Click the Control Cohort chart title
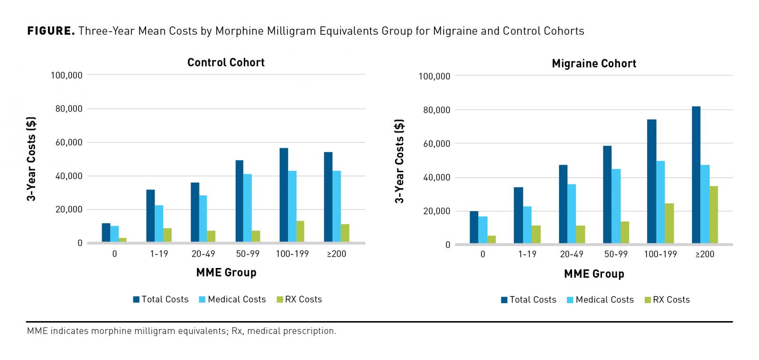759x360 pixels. click(226, 63)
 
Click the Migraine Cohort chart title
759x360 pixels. click(594, 64)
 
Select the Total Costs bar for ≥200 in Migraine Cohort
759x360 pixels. click(696, 175)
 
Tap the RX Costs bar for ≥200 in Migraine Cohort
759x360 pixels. click(713, 215)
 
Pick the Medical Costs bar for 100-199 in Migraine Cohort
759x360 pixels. click(660, 203)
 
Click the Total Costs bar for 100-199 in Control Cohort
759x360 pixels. click(284, 195)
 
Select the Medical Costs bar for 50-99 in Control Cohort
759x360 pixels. click(248, 208)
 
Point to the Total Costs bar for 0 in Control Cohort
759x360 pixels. click(106, 233)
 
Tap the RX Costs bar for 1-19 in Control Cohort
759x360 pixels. click(167, 235)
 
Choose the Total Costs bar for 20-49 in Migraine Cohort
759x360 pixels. click(563, 204)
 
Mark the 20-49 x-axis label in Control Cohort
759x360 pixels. click(203, 254)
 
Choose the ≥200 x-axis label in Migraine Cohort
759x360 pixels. click(704, 254)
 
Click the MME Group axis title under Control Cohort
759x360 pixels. click(226, 272)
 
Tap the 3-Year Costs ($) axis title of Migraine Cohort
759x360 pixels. click(399, 161)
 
